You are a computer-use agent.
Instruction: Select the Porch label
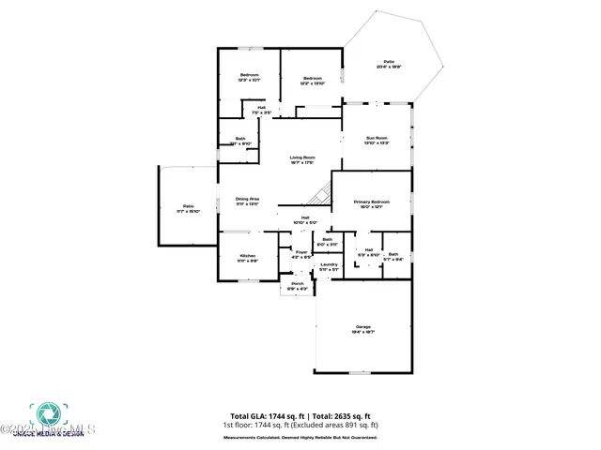point(297,286)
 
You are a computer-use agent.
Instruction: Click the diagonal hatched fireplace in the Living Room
point(321,193)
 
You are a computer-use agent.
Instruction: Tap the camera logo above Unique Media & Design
point(44,413)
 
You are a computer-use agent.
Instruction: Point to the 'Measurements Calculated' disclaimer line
point(300,437)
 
